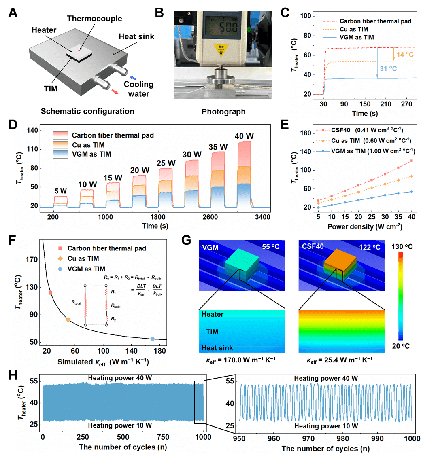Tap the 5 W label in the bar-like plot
61,191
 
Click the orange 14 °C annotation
404,54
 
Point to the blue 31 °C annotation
388,69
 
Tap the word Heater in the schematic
44,30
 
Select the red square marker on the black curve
51,293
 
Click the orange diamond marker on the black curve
68,320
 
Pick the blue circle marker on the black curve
153,339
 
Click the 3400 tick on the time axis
263,217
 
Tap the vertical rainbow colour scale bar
401,295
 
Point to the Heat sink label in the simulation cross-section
217,348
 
